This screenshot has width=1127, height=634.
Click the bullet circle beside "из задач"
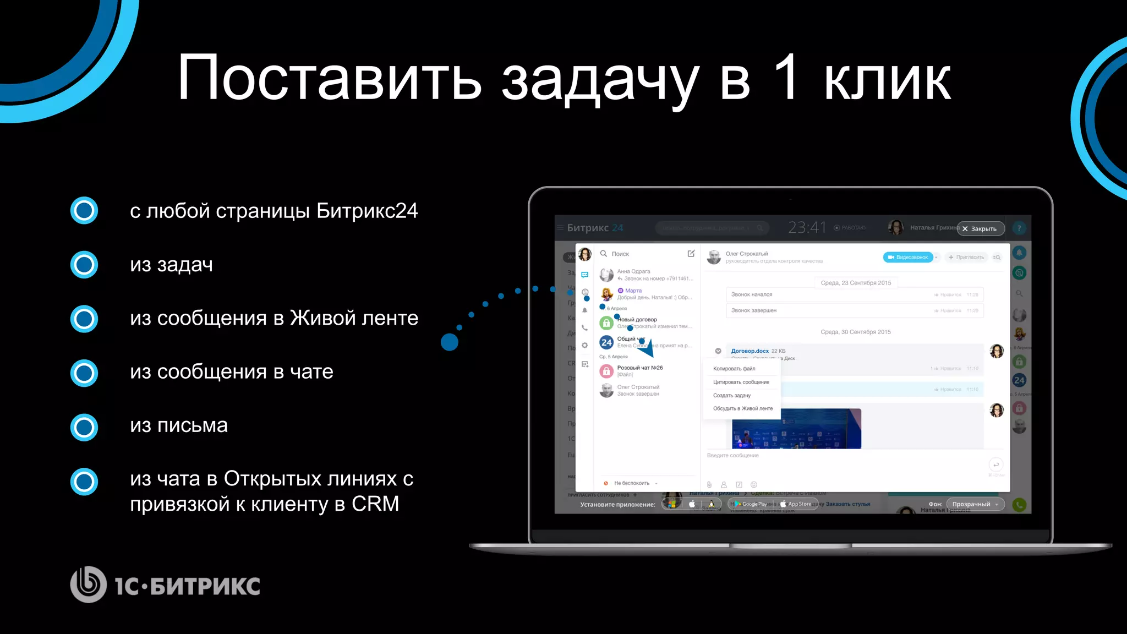84,265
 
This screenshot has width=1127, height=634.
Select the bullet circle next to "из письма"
84,427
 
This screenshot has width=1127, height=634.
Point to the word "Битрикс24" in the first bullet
367,211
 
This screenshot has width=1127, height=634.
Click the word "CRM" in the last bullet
375,504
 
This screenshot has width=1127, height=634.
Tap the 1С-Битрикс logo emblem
88,584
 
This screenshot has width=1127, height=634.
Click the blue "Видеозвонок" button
908,257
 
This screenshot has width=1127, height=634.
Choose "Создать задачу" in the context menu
732,395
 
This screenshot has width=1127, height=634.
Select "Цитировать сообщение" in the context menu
741,382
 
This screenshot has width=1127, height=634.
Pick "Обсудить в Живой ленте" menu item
743,408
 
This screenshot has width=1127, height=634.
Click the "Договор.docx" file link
749,351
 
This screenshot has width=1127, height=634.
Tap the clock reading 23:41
807,227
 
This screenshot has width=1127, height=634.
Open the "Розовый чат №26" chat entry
640,368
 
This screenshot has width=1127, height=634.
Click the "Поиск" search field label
620,254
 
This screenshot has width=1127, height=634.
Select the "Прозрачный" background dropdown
975,504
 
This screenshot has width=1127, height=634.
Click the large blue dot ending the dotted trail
450,342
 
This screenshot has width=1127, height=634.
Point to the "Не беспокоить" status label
632,483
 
